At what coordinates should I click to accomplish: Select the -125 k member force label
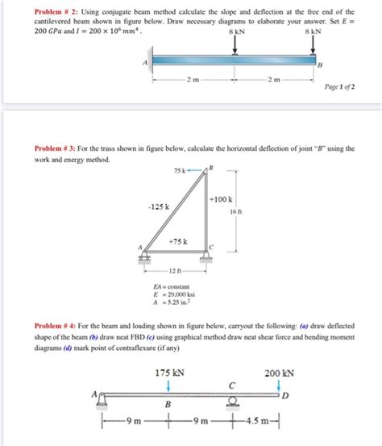(x=157, y=206)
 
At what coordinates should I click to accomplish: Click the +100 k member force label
(x=222, y=198)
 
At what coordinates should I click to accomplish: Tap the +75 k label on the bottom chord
(x=179, y=241)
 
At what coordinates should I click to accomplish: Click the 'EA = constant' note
(x=172, y=288)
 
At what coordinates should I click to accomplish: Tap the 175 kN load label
(x=168, y=374)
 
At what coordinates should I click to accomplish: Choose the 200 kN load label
(x=278, y=374)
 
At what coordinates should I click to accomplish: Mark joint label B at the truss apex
(x=212, y=168)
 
